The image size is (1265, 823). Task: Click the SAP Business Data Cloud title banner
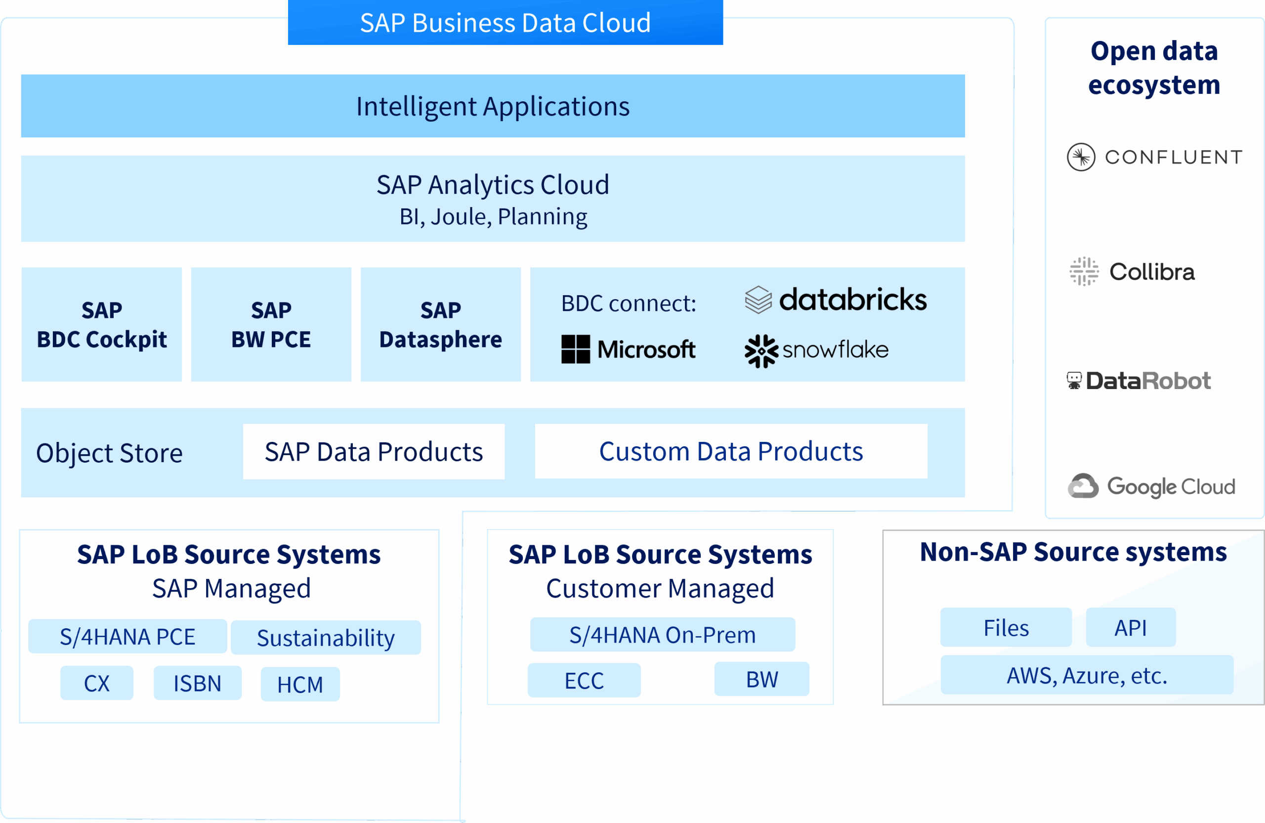(505, 23)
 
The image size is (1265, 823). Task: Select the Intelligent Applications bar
(493, 106)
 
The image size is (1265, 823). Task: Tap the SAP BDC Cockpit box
(101, 324)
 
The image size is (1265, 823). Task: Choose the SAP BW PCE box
(271, 324)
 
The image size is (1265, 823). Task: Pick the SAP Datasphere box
(441, 324)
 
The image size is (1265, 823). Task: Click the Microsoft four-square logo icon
(576, 349)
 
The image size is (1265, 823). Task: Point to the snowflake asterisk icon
(761, 351)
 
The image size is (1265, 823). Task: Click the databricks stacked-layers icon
(758, 300)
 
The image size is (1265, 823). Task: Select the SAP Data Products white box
(374, 451)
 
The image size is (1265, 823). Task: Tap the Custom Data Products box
(731, 451)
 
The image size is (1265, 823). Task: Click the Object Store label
(110, 453)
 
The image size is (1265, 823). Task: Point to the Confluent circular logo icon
(1081, 157)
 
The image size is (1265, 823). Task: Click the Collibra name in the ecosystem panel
(1152, 272)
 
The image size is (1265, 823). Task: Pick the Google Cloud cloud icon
(1083, 486)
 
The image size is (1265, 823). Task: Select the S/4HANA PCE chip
(127, 636)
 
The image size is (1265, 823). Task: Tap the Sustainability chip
(326, 638)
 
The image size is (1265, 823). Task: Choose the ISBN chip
(197, 683)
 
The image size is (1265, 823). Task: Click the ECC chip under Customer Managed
(584, 681)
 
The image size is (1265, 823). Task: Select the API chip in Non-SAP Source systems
(1131, 627)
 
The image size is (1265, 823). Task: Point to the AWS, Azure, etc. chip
(1087, 675)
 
